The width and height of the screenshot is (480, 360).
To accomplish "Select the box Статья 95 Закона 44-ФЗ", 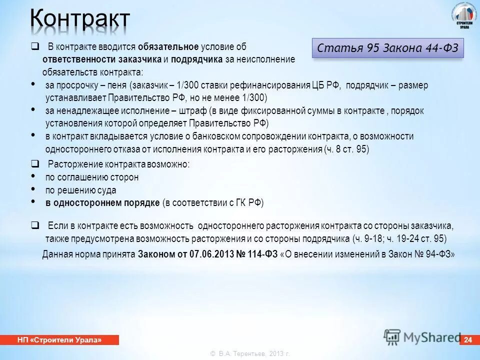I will (x=387, y=49).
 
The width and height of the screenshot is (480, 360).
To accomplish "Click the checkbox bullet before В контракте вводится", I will (x=35, y=47).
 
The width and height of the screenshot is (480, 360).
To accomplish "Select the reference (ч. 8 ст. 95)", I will (x=346, y=149).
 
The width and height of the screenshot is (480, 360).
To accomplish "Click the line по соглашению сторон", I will (x=92, y=177).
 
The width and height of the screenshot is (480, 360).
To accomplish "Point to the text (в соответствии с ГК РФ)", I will (x=213, y=203).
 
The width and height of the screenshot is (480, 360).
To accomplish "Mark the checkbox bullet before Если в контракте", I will (x=35, y=225).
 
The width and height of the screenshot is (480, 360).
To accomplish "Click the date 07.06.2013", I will (x=211, y=254).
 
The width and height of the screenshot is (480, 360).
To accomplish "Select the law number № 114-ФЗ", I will (x=256, y=254).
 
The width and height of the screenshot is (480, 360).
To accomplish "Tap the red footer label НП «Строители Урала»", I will (x=59, y=340).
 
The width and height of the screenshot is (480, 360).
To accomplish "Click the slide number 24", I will (x=468, y=340).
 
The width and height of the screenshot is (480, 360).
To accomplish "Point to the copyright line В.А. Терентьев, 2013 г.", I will (x=250, y=354).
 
